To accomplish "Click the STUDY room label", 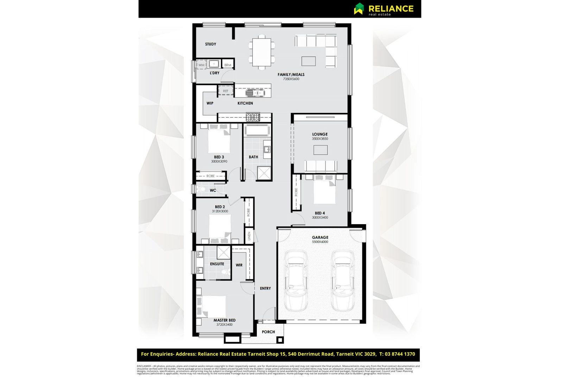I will [210, 44].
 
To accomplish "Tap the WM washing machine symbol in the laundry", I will [201, 65].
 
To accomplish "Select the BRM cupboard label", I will [228, 65].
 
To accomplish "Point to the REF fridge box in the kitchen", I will [226, 91].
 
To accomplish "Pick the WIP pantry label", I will [210, 103].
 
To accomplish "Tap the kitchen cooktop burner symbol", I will [253, 117].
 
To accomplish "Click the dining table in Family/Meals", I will [262, 52].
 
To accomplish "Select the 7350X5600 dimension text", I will [291, 79].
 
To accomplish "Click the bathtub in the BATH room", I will [257, 130].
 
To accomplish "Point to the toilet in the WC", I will [202, 190].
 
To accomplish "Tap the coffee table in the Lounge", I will [320, 150].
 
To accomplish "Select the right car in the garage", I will [343, 280].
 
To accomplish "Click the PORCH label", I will [268, 332].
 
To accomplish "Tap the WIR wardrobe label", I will [239, 265].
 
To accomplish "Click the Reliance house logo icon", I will [359, 8].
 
